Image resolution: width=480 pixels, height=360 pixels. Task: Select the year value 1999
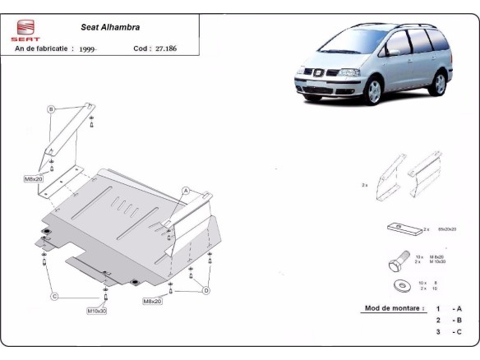89,49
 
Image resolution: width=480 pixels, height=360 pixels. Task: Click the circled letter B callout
50,108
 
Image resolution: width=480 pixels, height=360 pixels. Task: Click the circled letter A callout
186,191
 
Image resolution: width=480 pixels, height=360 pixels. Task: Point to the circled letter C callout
53,296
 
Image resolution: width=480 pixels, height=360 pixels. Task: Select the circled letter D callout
205,290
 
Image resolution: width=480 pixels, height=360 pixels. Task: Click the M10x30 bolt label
97,311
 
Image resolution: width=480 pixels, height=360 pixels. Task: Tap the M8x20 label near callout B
33,178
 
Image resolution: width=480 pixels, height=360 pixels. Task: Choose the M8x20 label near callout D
152,302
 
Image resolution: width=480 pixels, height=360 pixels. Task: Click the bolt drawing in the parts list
395,262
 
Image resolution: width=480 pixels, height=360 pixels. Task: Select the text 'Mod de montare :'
394,309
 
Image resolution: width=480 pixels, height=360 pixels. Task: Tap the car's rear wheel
441,83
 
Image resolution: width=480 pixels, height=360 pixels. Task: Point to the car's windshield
355,44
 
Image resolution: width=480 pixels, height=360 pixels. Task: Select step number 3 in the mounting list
438,332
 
